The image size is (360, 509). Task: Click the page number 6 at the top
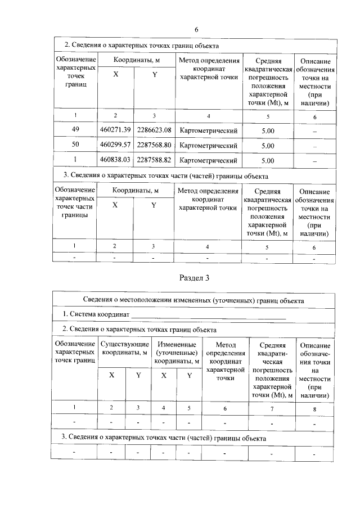tap(196, 29)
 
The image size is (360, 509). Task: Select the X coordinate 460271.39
tap(115, 130)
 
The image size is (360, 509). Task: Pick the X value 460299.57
tap(115, 145)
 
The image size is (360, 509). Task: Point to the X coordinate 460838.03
tap(115, 160)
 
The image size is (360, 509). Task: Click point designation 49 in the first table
tap(75, 130)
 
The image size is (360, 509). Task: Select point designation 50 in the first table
tap(75, 145)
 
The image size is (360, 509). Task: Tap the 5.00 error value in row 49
tap(268, 131)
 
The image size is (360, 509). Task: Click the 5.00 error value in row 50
tap(268, 146)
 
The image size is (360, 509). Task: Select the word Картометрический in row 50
tap(208, 146)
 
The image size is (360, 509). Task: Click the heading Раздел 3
tap(195, 277)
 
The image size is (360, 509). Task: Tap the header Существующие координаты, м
tap(124, 348)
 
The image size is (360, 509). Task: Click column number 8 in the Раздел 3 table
tap(314, 408)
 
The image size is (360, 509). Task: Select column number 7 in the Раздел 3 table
tap(271, 408)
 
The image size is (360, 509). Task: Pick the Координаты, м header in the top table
tap(135, 60)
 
